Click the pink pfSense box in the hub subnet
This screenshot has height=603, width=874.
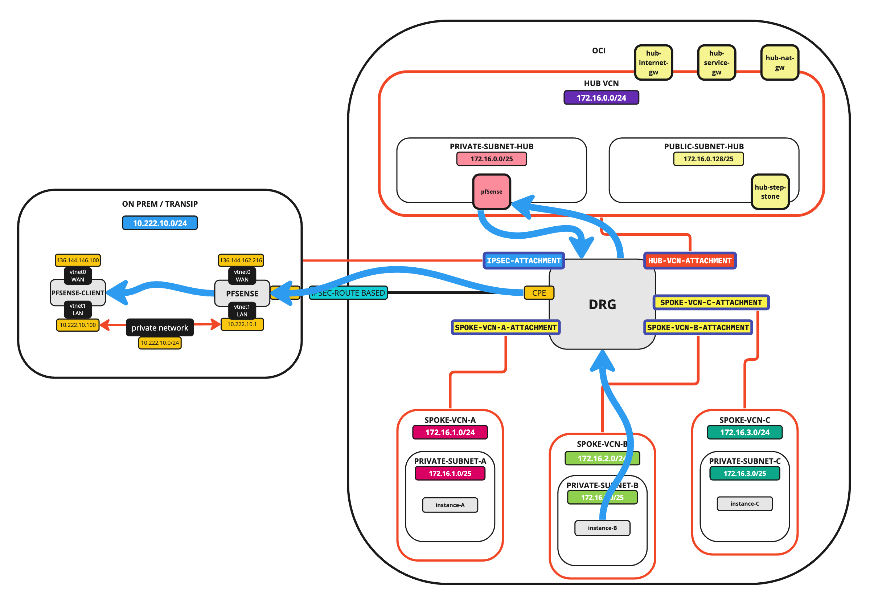click(x=491, y=191)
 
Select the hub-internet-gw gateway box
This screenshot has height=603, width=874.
click(x=653, y=63)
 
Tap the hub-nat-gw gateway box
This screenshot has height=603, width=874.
click(x=779, y=63)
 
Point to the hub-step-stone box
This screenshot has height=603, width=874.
click(x=770, y=191)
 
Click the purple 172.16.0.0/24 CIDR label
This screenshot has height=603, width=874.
click(x=601, y=97)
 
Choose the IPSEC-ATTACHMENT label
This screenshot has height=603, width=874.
click(x=524, y=261)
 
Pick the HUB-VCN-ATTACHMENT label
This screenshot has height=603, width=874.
click(x=689, y=261)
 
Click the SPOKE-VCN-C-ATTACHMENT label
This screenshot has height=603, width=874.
click(x=711, y=303)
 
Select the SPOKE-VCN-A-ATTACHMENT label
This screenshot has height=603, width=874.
click(x=506, y=328)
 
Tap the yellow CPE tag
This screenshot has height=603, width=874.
click(x=539, y=293)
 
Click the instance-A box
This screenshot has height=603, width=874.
click(x=450, y=505)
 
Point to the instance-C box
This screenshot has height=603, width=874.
click(x=744, y=503)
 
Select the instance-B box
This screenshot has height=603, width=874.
click(x=602, y=528)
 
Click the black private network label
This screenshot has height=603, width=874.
click(x=160, y=328)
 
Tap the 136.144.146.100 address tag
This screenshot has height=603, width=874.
click(x=78, y=260)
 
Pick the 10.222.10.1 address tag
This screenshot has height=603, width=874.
click(x=242, y=324)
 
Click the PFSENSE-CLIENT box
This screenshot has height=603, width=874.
click(x=78, y=293)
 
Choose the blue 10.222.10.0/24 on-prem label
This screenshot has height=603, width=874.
click(x=160, y=223)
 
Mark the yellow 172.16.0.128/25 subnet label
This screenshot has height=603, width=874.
click(x=708, y=159)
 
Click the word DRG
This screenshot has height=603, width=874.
click(x=602, y=304)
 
